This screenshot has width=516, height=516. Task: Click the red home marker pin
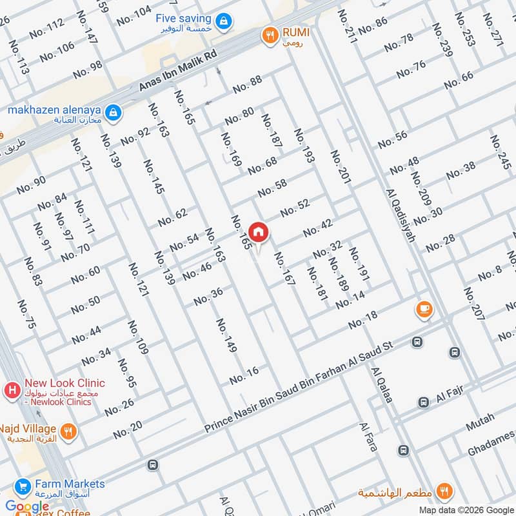coord(259,232)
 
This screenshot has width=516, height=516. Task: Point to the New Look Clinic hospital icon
coord(11,390)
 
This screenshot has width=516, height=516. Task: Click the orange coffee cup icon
coord(424,309)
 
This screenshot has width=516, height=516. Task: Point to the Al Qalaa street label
coord(381,385)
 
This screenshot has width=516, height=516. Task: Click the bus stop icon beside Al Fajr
coord(424,402)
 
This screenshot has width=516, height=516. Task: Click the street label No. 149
coord(226,335)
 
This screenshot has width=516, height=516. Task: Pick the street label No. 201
coord(340,168)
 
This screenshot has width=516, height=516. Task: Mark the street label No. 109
coord(137,337)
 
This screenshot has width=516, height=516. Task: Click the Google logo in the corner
coord(26,506)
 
